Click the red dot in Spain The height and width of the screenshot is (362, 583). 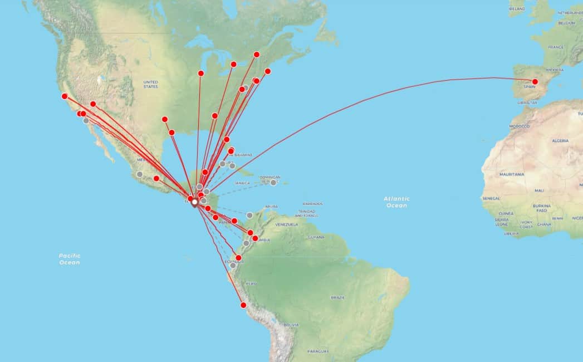pyautogui.click(x=535, y=82)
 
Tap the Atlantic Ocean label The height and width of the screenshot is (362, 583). pyautogui.click(x=396, y=202)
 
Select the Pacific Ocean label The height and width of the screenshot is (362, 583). pyautogui.click(x=70, y=259)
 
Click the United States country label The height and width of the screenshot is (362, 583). pyautogui.click(x=150, y=84)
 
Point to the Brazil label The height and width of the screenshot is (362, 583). pyautogui.click(x=337, y=297)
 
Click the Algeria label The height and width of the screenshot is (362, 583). pyautogui.click(x=560, y=141)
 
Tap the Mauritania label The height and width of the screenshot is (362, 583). pyautogui.click(x=512, y=174)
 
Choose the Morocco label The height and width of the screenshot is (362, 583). pyautogui.click(x=519, y=126)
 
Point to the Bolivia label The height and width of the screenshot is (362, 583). pyautogui.click(x=291, y=325)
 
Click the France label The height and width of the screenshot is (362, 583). pyautogui.click(x=556, y=47)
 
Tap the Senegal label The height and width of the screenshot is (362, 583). pyautogui.click(x=491, y=198)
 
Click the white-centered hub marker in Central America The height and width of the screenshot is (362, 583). pyautogui.click(x=195, y=203)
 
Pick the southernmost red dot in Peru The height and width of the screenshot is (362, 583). pyautogui.click(x=243, y=305)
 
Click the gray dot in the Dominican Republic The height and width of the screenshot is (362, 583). pyautogui.click(x=273, y=183)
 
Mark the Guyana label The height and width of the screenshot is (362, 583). pyautogui.click(x=316, y=237)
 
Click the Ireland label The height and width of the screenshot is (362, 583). pyautogui.click(x=517, y=9)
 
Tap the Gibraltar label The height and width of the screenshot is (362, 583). pyautogui.click(x=527, y=103)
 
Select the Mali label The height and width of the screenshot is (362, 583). pyautogui.click(x=539, y=190)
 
